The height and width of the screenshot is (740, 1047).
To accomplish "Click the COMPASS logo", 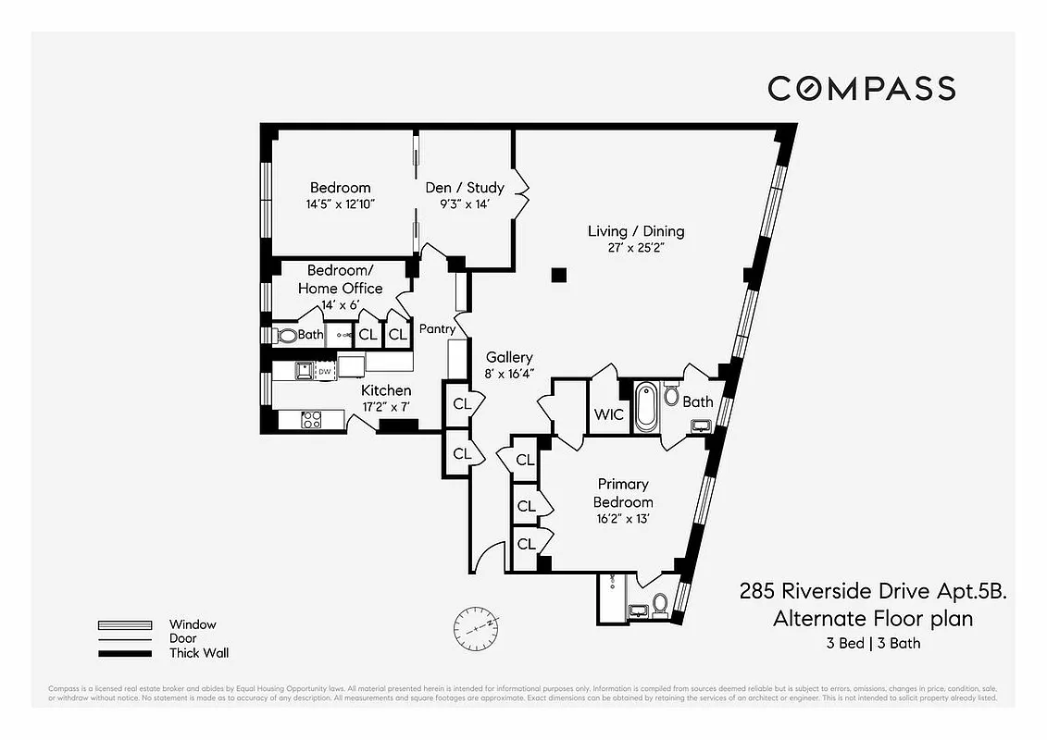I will (861, 89).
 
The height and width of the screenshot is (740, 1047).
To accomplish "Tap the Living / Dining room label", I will (636, 231).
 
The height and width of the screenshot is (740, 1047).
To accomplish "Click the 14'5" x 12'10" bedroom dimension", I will (340, 204).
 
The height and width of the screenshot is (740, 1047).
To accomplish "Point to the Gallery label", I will (509, 357).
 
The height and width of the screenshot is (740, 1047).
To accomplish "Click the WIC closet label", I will (608, 414).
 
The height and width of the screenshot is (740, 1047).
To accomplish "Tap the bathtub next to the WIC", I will (646, 408).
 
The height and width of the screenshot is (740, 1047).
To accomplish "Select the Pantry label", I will (437, 329).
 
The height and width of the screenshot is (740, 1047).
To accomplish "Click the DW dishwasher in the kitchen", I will (324, 372).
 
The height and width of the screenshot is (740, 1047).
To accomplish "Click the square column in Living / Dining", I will (558, 275).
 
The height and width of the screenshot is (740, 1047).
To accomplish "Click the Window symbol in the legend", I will (125, 624).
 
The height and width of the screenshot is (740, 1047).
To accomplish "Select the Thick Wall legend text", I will (198, 653).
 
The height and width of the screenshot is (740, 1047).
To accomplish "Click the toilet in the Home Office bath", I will (286, 336).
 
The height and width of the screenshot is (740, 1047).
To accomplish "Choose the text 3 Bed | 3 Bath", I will (874, 644).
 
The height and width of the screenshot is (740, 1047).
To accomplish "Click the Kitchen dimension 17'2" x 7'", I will (386, 407).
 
